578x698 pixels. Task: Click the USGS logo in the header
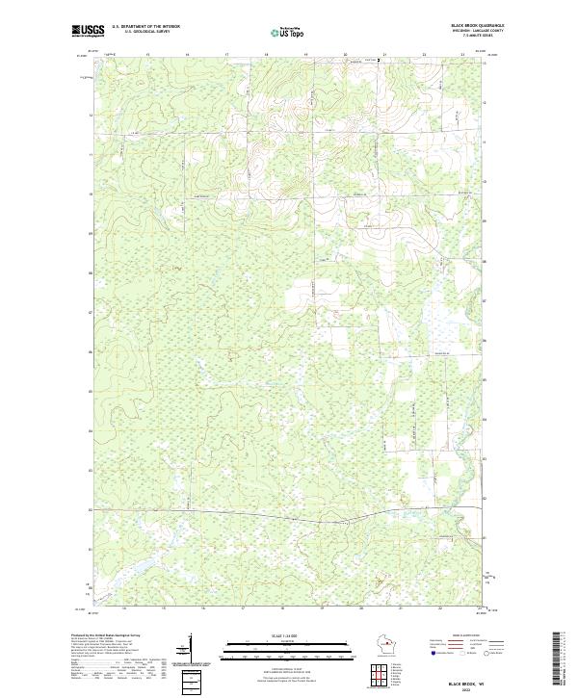tap(88, 31)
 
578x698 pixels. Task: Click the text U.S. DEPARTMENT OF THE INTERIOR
tap(145, 26)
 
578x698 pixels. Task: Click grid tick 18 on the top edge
tap(266, 56)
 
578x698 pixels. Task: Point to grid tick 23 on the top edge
tap(463, 56)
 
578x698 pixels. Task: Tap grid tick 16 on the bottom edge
tap(203, 608)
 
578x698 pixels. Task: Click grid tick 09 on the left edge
tap(92, 233)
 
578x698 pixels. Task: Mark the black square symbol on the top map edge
tap(379, 60)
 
